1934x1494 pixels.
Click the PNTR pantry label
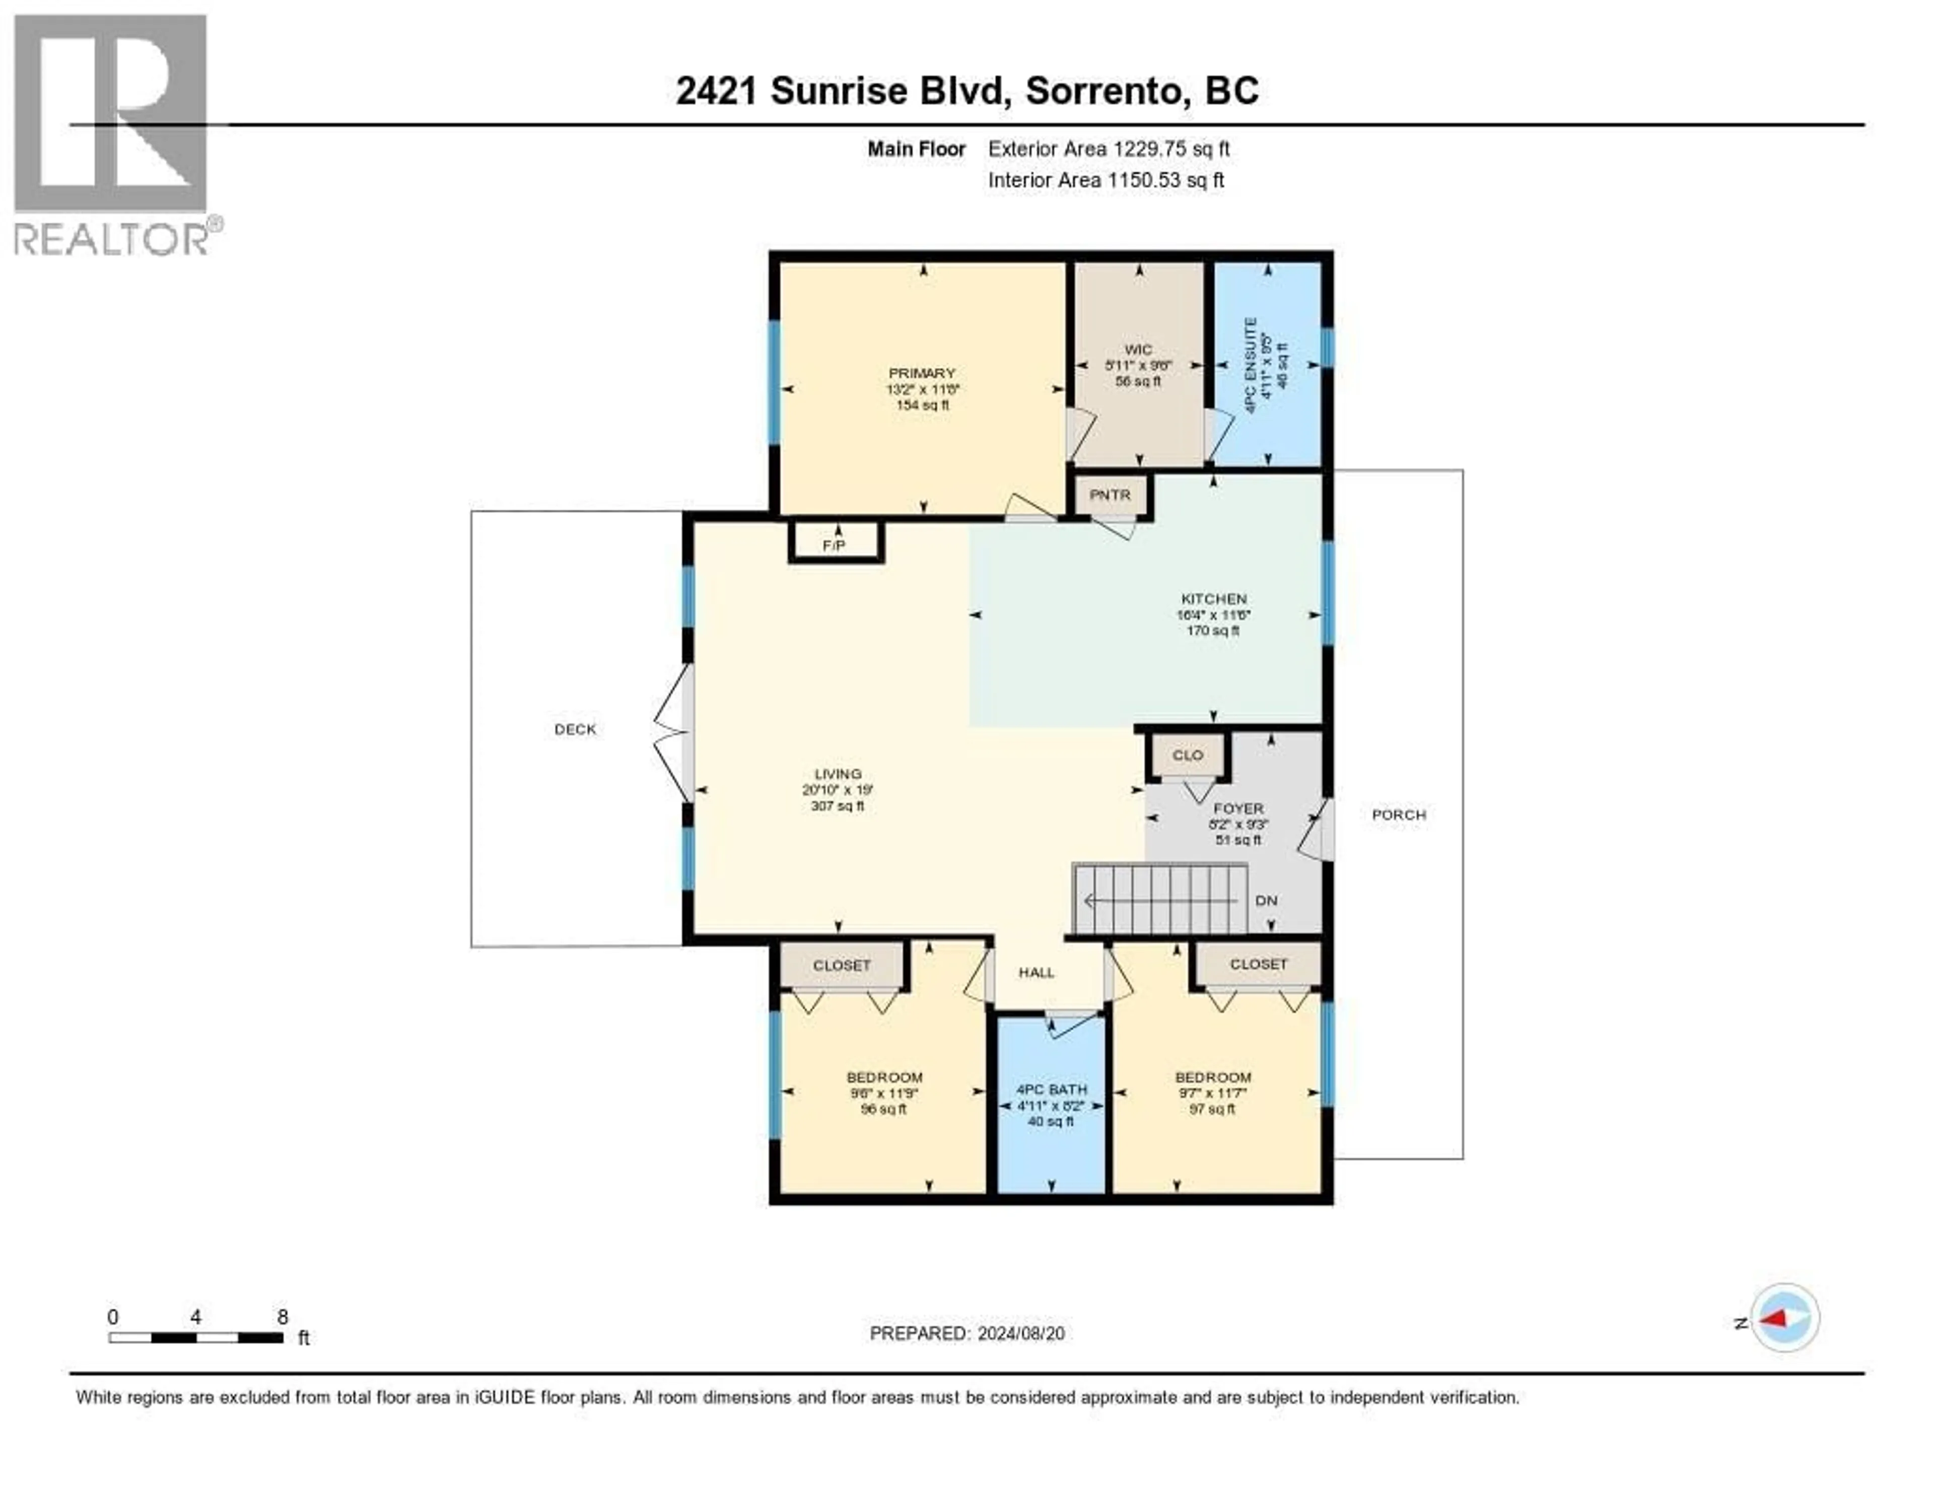(1110, 495)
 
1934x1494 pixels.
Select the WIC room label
(1138, 350)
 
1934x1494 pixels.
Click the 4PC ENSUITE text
(1251, 365)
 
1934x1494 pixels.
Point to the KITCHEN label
(1213, 599)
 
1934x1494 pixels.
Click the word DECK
(575, 729)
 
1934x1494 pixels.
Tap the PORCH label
(1398, 814)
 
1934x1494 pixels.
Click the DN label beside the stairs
(1266, 900)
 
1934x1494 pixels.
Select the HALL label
(1036, 972)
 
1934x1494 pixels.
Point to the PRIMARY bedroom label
(922, 373)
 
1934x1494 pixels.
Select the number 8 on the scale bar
(283, 1317)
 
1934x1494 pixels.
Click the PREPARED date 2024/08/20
(1020, 1334)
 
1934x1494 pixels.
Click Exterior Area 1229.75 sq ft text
(1109, 149)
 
